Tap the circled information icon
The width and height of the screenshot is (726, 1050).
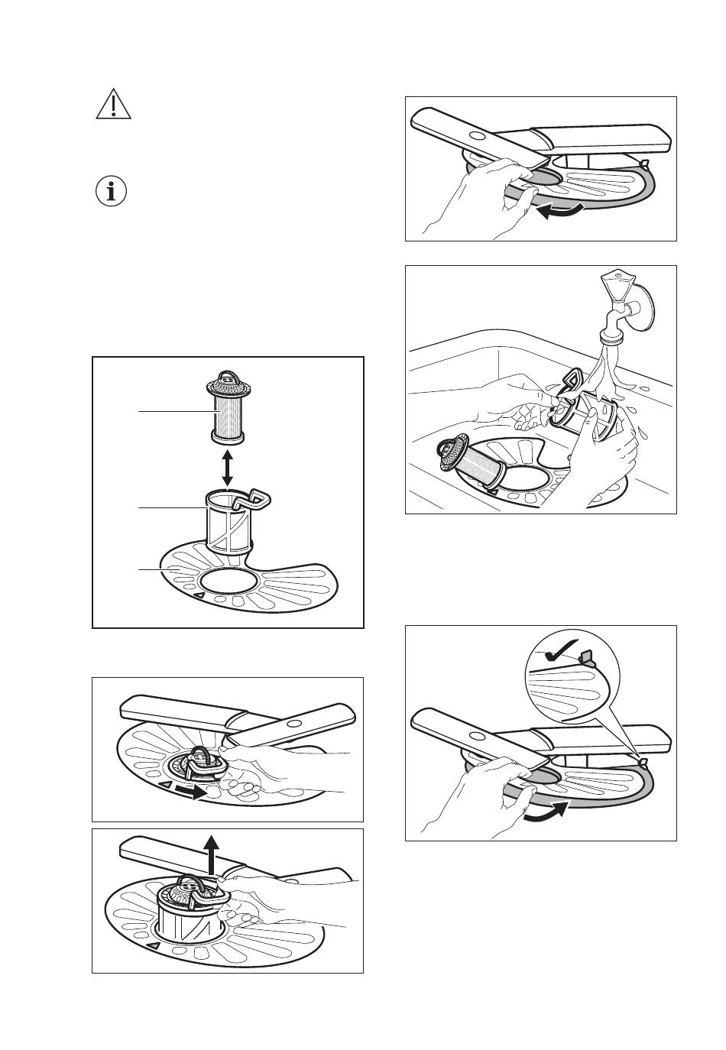[x=113, y=192]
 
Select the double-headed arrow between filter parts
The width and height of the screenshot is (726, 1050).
[x=227, y=468]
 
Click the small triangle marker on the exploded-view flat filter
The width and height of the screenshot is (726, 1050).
[x=199, y=595]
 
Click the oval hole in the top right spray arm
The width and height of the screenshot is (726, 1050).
[x=475, y=135]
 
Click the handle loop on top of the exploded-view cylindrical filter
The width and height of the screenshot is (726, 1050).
[x=226, y=376]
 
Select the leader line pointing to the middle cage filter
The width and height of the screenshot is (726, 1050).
[x=172, y=507]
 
